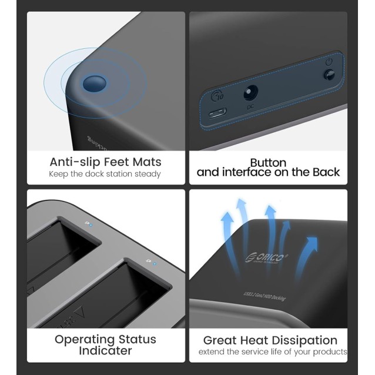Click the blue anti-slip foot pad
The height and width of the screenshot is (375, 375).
point(92,83)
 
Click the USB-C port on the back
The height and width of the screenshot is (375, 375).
point(218,115)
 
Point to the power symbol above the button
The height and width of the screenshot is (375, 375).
point(329,61)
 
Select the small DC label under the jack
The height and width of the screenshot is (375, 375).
point(250,107)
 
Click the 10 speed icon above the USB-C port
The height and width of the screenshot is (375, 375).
point(216,96)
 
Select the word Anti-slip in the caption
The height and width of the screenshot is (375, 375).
point(73,162)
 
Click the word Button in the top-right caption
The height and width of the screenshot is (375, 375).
point(268,162)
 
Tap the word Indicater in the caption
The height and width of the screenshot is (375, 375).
point(106,350)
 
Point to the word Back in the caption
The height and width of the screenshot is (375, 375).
point(326,172)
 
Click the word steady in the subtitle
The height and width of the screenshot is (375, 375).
point(146,174)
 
